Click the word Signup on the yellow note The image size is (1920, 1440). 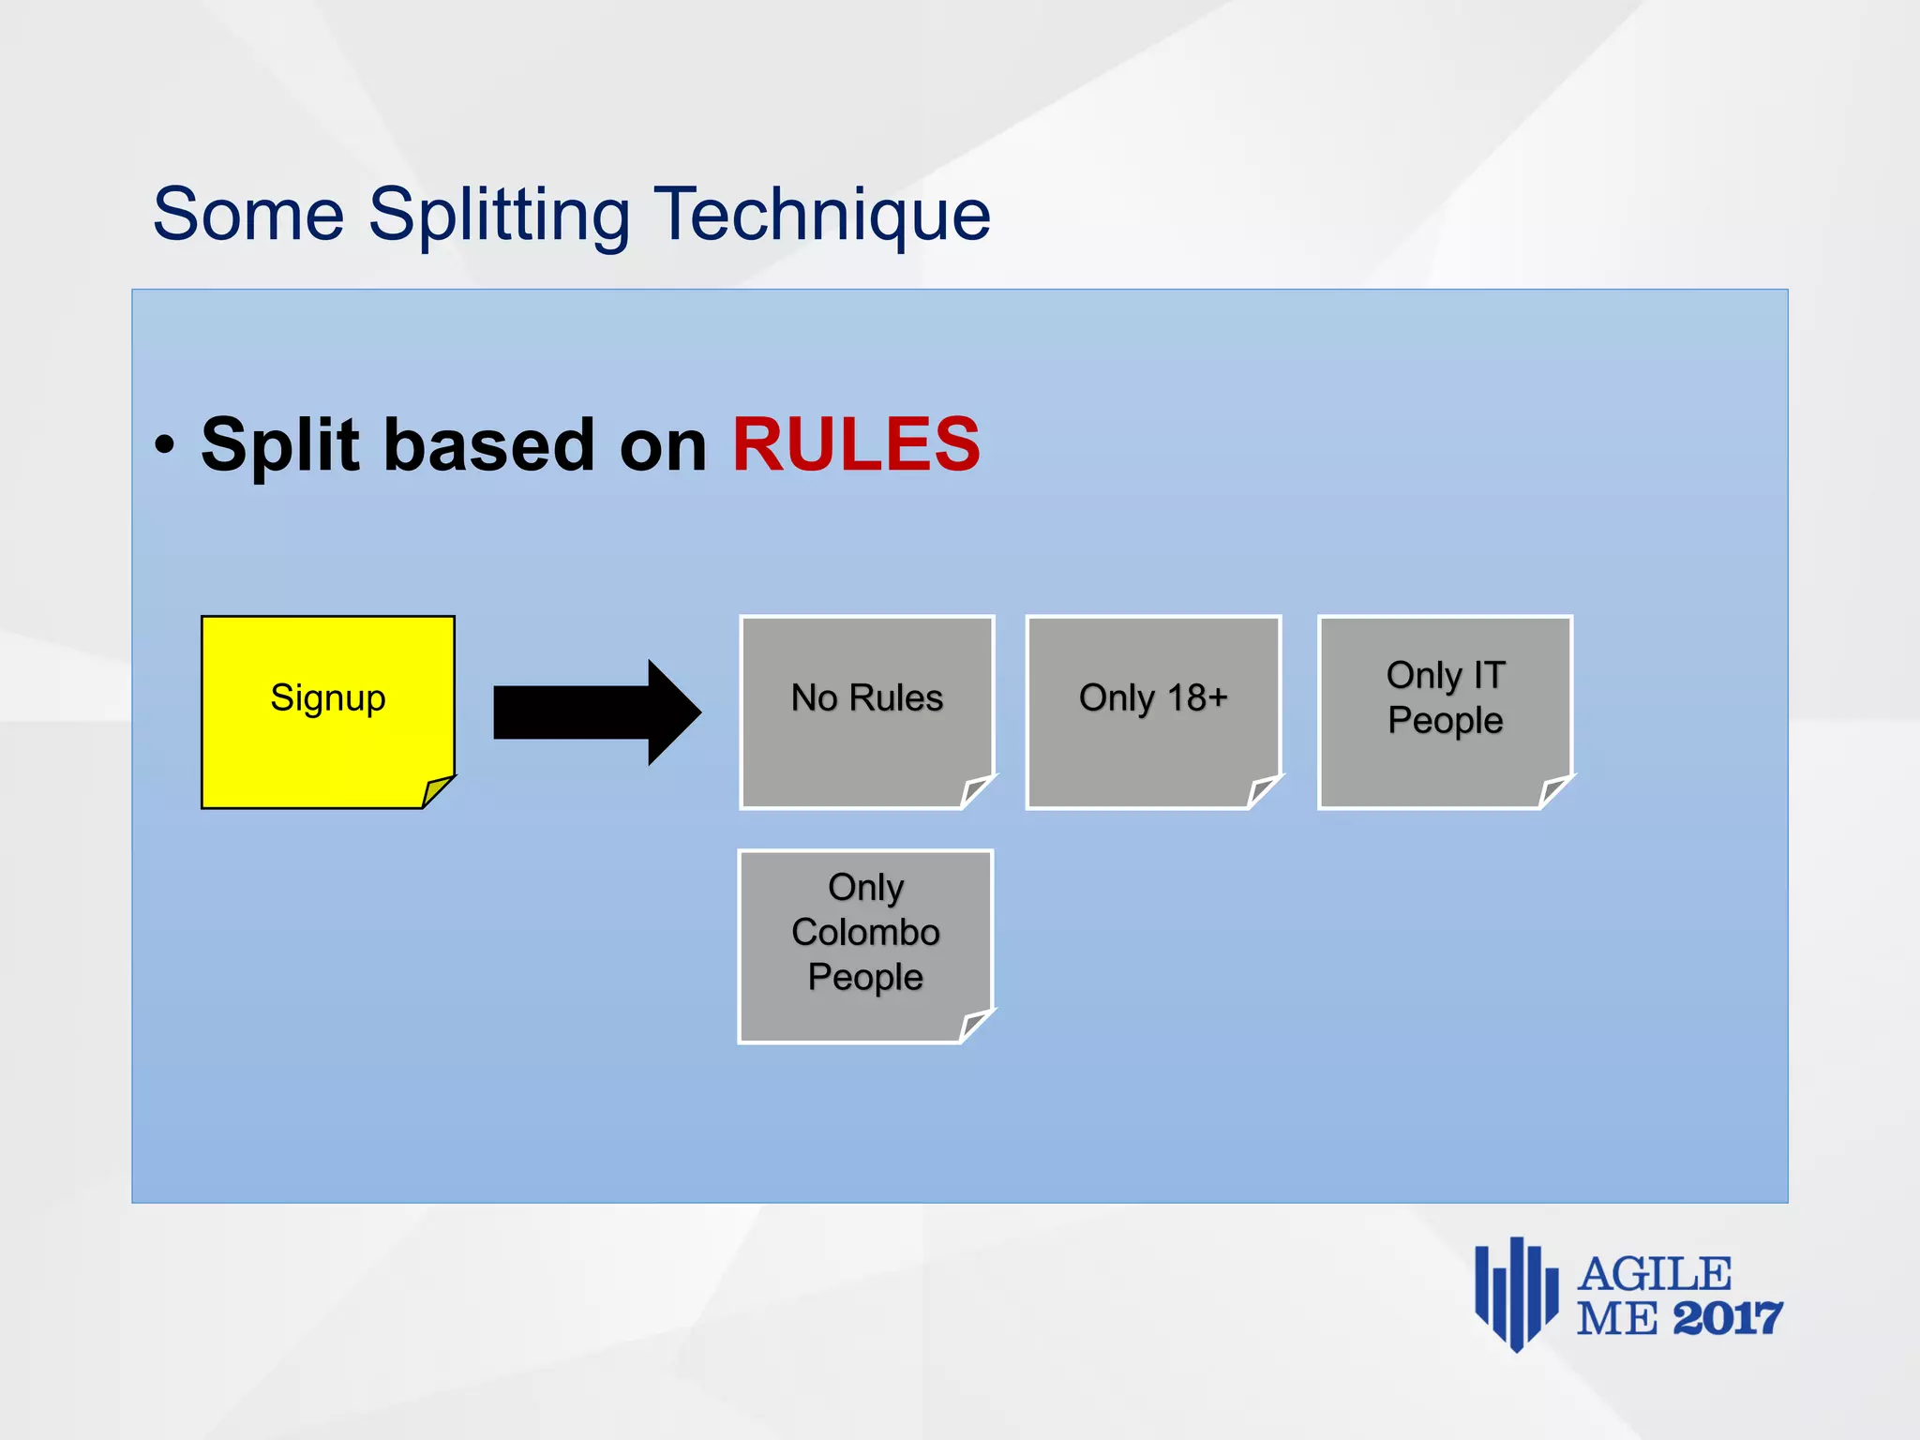328,698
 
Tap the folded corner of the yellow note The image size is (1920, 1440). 437,791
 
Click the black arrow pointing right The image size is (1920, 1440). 597,712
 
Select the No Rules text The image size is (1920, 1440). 866,698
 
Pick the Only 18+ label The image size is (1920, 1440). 1153,698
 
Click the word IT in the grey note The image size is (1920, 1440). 1489,675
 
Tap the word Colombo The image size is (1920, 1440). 865,932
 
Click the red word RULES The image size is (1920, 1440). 855,444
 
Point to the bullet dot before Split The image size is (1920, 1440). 165,445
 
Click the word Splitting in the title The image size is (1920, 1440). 499,216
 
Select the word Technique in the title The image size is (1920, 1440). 821,216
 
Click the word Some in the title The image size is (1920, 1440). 248,216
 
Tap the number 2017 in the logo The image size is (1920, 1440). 1727,1319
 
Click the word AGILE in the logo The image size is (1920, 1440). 1655,1275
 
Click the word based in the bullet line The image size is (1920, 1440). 488,444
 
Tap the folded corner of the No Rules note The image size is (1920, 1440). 977,791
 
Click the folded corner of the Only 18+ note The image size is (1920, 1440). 1264,791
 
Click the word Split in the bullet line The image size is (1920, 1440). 279,444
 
